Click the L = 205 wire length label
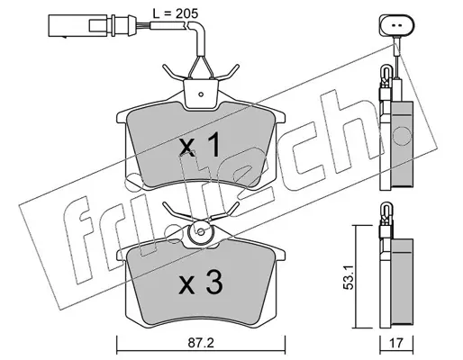[x=176, y=13]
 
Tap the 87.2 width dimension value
[x=201, y=343]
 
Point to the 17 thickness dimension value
[x=396, y=343]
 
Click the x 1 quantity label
[x=200, y=146]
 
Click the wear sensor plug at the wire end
[x=90, y=25]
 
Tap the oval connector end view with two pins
[x=396, y=25]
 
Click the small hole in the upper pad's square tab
[x=201, y=94]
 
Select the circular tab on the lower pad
[x=201, y=232]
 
